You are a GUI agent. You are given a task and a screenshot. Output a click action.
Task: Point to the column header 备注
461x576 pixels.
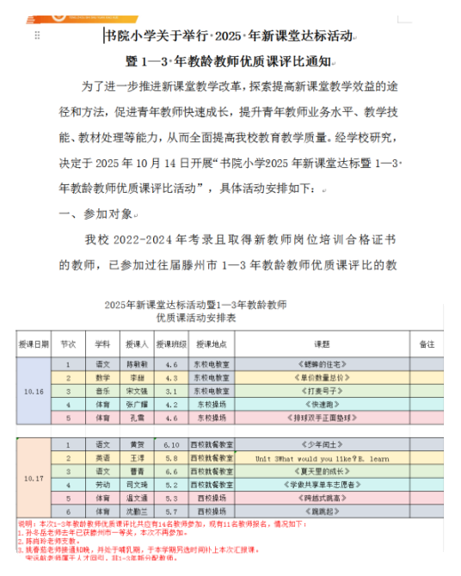426,343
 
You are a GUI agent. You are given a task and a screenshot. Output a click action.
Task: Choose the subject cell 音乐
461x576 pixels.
101,390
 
